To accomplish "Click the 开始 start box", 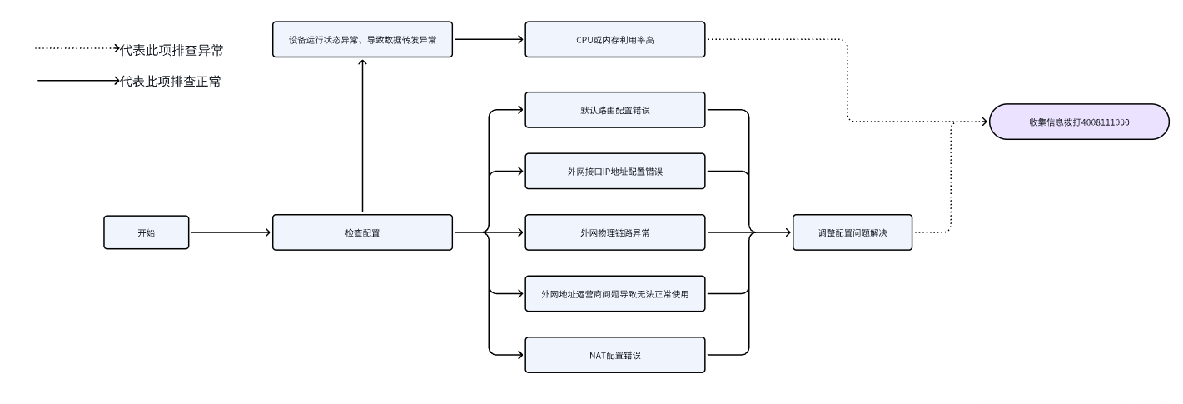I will tap(146, 232).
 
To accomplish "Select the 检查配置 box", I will tap(362, 232).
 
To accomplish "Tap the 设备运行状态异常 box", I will tap(362, 39).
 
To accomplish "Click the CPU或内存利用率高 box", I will tap(615, 39).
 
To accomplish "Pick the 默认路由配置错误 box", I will tap(615, 110).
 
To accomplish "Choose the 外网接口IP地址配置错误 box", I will tap(615, 172).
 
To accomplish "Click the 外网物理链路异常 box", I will tap(615, 232).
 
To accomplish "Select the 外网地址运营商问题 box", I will tap(615, 293).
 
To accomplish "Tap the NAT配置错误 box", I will tap(615, 355).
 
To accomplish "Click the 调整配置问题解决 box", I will tap(852, 232).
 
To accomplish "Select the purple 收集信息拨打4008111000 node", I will tap(1079, 122).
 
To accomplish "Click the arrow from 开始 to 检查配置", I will tap(231, 232).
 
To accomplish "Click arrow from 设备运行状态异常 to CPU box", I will tap(488, 39).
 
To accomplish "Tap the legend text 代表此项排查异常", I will tap(171, 50).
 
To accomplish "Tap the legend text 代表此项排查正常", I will tap(171, 82).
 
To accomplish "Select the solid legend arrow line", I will tap(75, 82).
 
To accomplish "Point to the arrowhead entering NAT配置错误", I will tap(520, 355).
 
